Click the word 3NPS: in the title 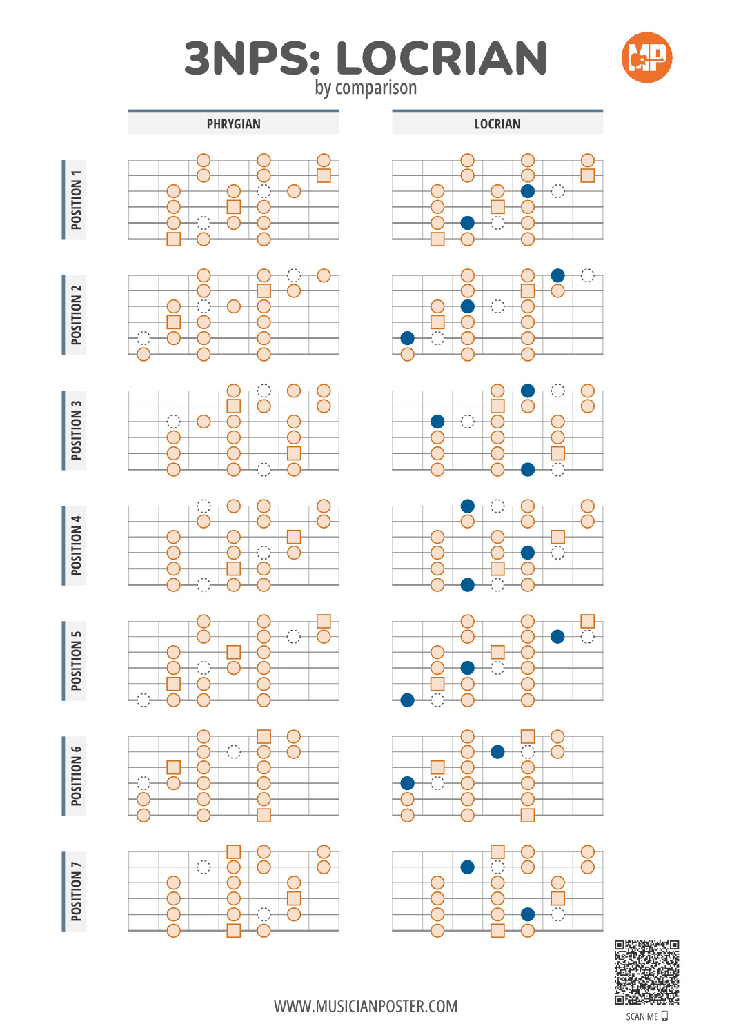click(253, 58)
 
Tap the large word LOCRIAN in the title click(442, 58)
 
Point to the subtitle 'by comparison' click(366, 88)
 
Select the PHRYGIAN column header click(233, 124)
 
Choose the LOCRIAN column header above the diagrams click(497, 124)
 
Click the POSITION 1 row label click(77, 199)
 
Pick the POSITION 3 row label click(77, 430)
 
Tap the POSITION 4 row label click(77, 545)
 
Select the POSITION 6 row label click(77, 776)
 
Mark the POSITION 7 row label click(77, 891)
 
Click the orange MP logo click(646, 57)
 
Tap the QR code click(646, 972)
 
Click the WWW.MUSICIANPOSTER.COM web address click(366, 1006)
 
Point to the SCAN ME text click(642, 1016)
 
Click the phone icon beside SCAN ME click(664, 1016)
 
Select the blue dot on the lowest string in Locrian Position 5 click(407, 700)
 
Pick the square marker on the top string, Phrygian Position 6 click(264, 736)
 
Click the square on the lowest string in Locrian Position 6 click(527, 815)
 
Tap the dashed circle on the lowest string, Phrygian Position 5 click(144, 700)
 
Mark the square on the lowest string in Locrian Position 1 click(437, 239)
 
